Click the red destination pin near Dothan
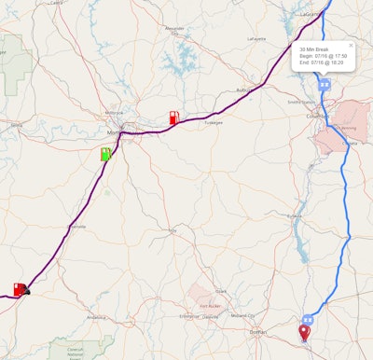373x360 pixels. tap(304, 332)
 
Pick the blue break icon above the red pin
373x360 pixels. tap(307, 319)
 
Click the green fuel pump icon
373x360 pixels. tap(106, 154)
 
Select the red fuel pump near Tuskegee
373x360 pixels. tap(173, 118)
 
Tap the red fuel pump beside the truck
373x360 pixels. tap(18, 289)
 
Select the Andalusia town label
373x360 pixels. tap(94, 317)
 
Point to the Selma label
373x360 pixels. tap(15, 122)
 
